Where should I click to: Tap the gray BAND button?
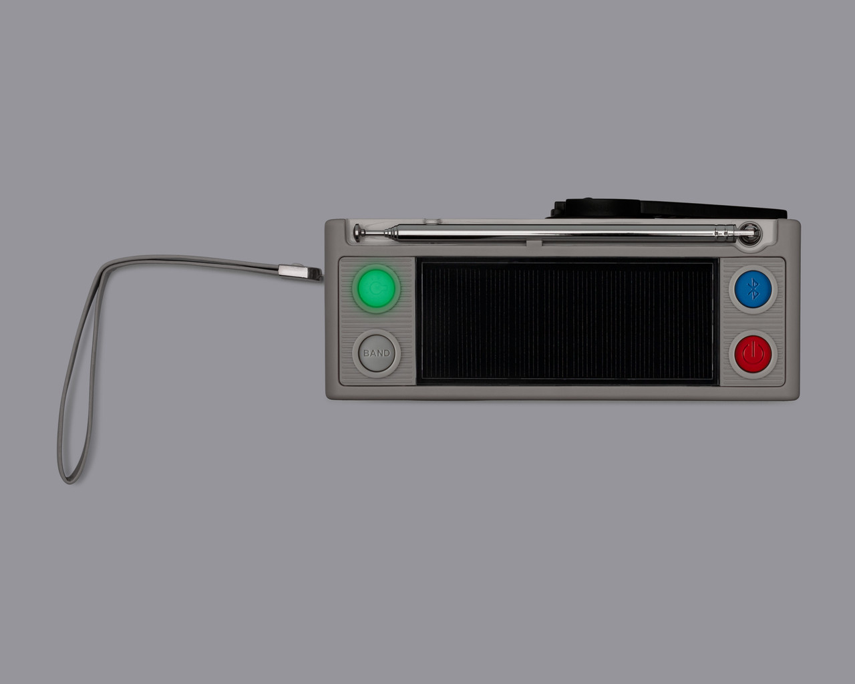click(376, 353)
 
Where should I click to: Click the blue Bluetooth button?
click(753, 289)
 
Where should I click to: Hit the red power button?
click(753, 352)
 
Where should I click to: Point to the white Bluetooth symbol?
click(753, 289)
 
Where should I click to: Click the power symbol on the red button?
click(753, 351)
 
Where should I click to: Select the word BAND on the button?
click(376, 353)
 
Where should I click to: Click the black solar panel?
click(566, 323)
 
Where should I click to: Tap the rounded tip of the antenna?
click(359, 232)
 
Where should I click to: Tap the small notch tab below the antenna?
click(534, 243)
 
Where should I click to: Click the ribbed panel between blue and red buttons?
click(753, 320)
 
